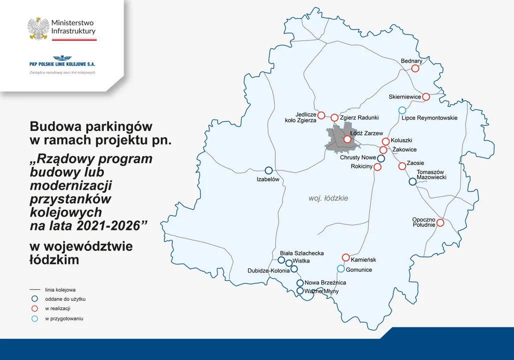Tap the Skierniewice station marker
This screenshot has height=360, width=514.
pos(426,96)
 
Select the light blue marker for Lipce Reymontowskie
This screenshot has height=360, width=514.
pos(402,110)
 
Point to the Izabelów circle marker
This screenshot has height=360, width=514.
pos(268,170)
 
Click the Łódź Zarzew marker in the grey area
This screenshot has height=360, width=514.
pos(347,139)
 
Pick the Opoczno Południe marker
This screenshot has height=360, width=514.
pos(440,222)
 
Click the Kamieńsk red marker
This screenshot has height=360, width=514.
pos(346,257)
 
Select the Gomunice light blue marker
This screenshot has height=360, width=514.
pos(341,268)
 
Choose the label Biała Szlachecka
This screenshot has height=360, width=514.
pos(302,253)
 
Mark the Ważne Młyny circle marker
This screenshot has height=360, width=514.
pos(300,290)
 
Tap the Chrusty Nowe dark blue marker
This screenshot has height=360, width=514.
pos(381,158)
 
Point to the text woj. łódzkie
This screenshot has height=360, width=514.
pos(328,198)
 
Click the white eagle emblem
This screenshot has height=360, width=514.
pos(38,28)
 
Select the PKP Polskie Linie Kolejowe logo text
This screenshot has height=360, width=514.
pos(62,64)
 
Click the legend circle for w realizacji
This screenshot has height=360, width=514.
pos(34,308)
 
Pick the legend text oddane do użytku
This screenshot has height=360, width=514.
pos(65,299)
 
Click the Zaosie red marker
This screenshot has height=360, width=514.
pos(402,166)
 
